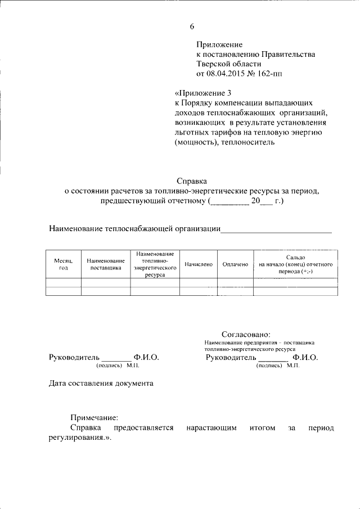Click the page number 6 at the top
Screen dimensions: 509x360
[x=192, y=26]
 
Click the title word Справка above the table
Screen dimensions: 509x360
[x=192, y=181]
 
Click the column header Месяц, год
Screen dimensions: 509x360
[x=63, y=264]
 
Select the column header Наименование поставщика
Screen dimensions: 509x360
[x=106, y=264]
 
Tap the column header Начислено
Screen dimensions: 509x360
[x=198, y=264]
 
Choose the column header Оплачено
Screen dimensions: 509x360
[x=235, y=264]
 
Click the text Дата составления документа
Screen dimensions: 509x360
[x=100, y=384]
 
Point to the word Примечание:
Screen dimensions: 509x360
[x=94, y=418]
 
